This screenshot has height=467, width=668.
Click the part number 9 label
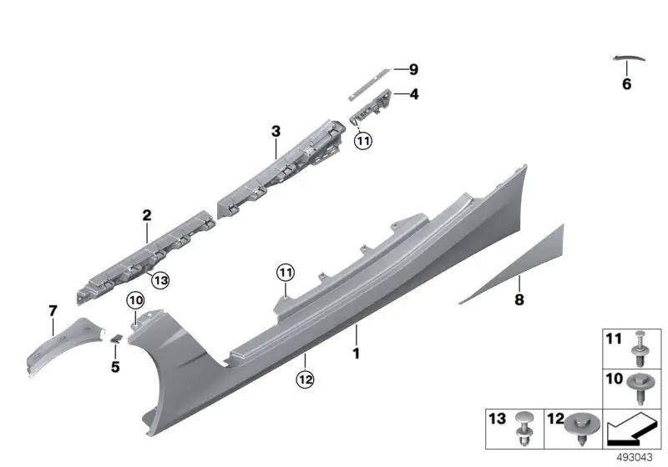pos(413,69)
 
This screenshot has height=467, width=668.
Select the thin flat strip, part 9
pos(369,83)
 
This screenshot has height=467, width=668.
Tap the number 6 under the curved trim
pos(627,83)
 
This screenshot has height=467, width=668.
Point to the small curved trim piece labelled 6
pos(630,58)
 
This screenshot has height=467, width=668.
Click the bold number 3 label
pos(276,132)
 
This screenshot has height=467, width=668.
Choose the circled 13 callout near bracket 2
pos(160,280)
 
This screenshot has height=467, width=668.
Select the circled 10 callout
pos(136,301)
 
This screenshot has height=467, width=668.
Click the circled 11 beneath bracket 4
pos(363,140)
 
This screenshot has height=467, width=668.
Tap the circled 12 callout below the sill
pos(305,379)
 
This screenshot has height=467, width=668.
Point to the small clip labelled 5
pos(116,339)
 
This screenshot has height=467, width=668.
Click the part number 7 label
pos(53,311)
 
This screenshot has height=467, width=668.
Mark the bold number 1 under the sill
pos(357,354)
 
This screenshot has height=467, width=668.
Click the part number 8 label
pos(519,299)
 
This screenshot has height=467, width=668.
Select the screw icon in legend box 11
pos(640,349)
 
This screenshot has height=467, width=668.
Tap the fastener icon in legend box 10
pos(639,388)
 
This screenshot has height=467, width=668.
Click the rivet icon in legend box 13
pos(524,429)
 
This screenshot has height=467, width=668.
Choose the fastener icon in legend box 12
pos(582,428)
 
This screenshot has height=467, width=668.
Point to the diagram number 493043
pos(635,458)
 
